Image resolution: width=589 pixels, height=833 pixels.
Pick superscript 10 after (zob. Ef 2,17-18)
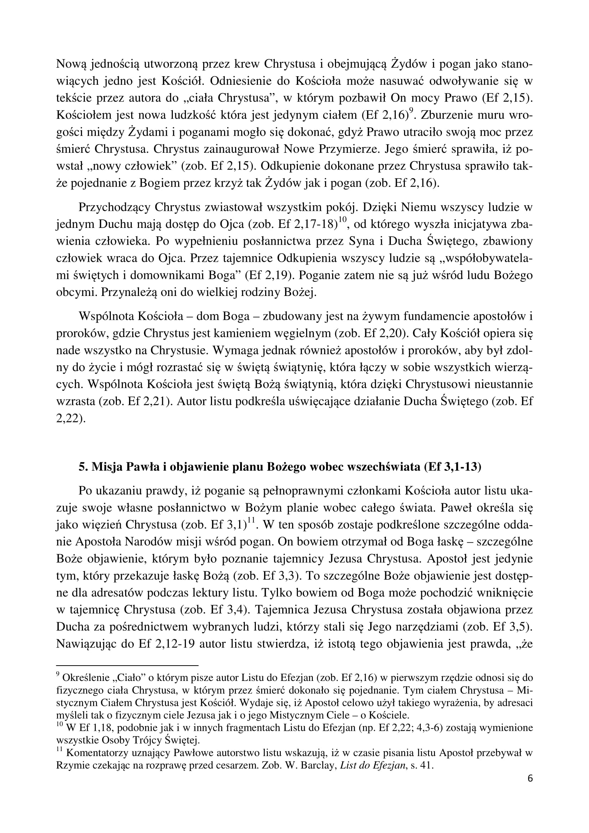(342, 220)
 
